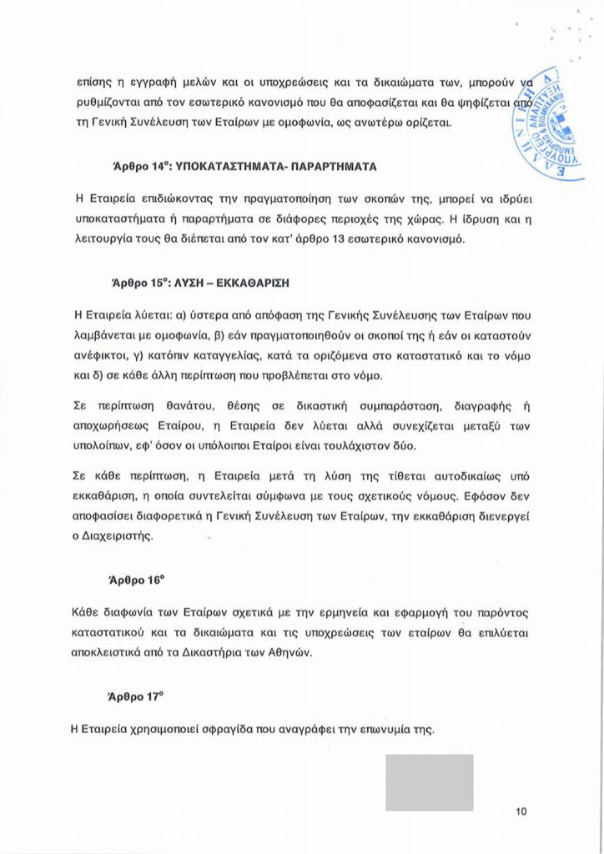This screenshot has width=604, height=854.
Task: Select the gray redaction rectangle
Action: (429, 783)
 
